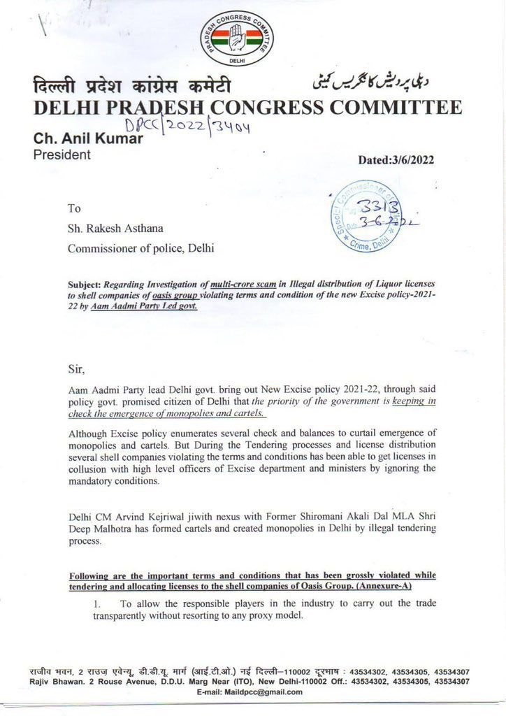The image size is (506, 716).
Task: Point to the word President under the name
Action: click(x=62, y=155)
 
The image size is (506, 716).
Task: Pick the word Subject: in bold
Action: click(x=85, y=285)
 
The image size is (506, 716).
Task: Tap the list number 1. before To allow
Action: click(x=98, y=603)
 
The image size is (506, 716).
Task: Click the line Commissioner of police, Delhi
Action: click(x=140, y=248)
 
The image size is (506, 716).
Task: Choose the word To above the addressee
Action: click(x=74, y=208)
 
